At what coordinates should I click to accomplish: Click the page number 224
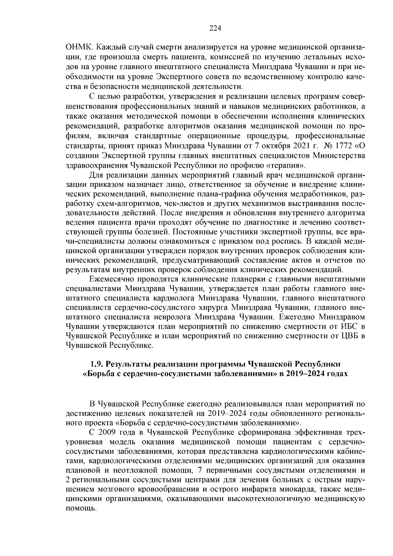click(x=215, y=28)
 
